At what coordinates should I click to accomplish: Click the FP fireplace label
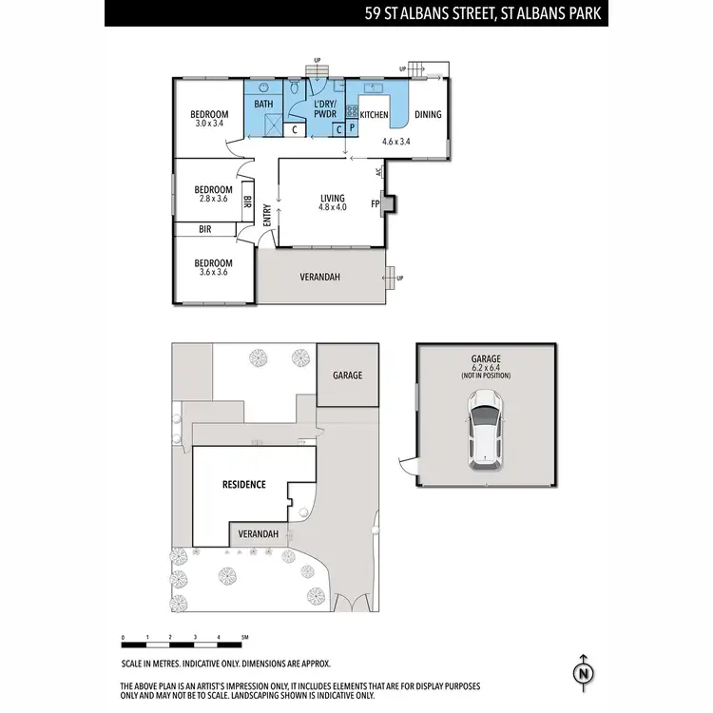pyautogui.click(x=376, y=203)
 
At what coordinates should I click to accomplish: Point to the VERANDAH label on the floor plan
pyautogui.click(x=320, y=278)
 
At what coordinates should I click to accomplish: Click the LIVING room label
pyautogui.click(x=332, y=198)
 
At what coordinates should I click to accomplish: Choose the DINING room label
pyautogui.click(x=428, y=114)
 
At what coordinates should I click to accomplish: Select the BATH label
pyautogui.click(x=263, y=104)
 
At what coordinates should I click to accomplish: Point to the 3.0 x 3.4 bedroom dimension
pyautogui.click(x=209, y=124)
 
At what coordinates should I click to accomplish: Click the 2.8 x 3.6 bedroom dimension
pyautogui.click(x=213, y=199)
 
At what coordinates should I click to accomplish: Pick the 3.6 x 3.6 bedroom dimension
pyautogui.click(x=213, y=273)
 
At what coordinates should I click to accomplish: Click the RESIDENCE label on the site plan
pyautogui.click(x=243, y=484)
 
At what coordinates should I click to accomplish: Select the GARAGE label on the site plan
pyautogui.click(x=347, y=376)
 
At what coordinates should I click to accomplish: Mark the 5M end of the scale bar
pyautogui.click(x=245, y=637)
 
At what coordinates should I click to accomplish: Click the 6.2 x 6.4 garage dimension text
pyautogui.click(x=485, y=367)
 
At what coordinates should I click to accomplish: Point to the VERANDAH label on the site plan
pyautogui.click(x=258, y=534)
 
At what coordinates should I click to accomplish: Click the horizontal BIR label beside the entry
pyautogui.click(x=204, y=229)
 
